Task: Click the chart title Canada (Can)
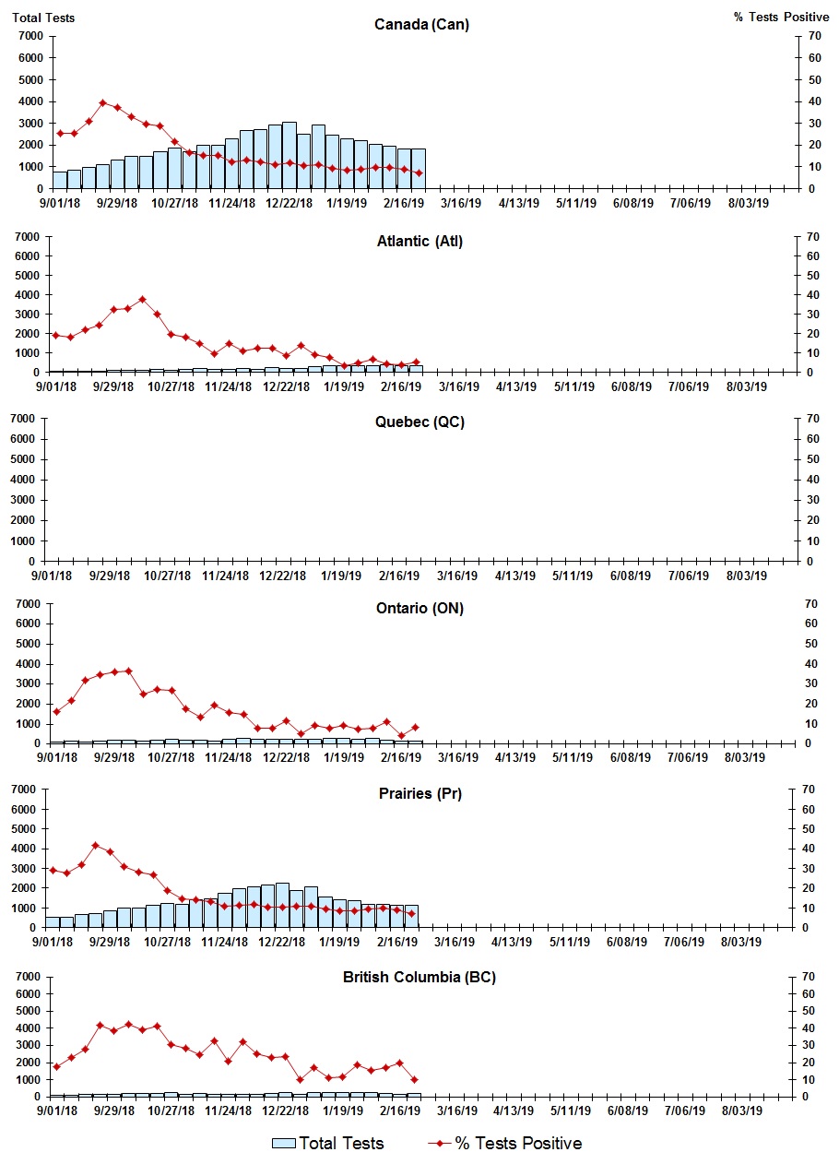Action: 421,24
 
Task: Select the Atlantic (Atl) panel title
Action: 420,242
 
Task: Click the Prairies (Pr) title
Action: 419,793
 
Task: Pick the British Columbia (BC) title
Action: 419,977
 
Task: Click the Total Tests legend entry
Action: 328,1144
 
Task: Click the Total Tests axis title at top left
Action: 43,18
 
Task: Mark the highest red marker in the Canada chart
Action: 103,103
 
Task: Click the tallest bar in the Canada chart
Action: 290,155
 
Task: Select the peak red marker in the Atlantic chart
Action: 142,299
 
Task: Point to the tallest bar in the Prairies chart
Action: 282,905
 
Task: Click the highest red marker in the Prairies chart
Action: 95,845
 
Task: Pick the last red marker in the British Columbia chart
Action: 414,1079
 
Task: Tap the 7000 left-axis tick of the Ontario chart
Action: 28,604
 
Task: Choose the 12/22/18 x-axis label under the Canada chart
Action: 289,203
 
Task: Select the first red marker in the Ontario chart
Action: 56,711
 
